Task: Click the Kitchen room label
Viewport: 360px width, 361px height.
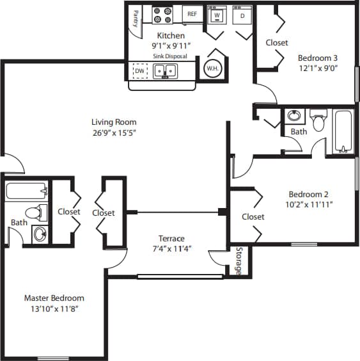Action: pyautogui.click(x=171, y=36)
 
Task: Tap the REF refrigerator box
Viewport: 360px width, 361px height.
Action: pyautogui.click(x=191, y=13)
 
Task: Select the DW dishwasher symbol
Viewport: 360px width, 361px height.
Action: pyautogui.click(x=139, y=70)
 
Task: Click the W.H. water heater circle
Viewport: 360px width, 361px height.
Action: pyautogui.click(x=212, y=68)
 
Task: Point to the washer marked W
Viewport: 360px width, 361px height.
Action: pyautogui.click(x=217, y=15)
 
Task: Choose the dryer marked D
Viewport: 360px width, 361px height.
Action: pyautogui.click(x=242, y=15)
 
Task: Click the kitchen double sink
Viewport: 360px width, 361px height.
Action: pyautogui.click(x=165, y=70)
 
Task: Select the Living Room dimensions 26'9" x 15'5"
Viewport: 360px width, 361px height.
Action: pyautogui.click(x=114, y=132)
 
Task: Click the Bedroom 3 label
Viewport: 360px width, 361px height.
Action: pyautogui.click(x=317, y=56)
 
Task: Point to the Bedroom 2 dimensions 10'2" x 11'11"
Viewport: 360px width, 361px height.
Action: pyautogui.click(x=310, y=205)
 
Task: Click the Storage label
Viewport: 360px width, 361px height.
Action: pyautogui.click(x=239, y=261)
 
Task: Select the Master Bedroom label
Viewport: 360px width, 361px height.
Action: pyautogui.click(x=54, y=298)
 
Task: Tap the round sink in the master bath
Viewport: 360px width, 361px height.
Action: pyautogui.click(x=40, y=234)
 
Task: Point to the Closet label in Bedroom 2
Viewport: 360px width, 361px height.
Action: pyautogui.click(x=253, y=217)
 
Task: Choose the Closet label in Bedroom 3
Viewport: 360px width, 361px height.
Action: pyautogui.click(x=277, y=43)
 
